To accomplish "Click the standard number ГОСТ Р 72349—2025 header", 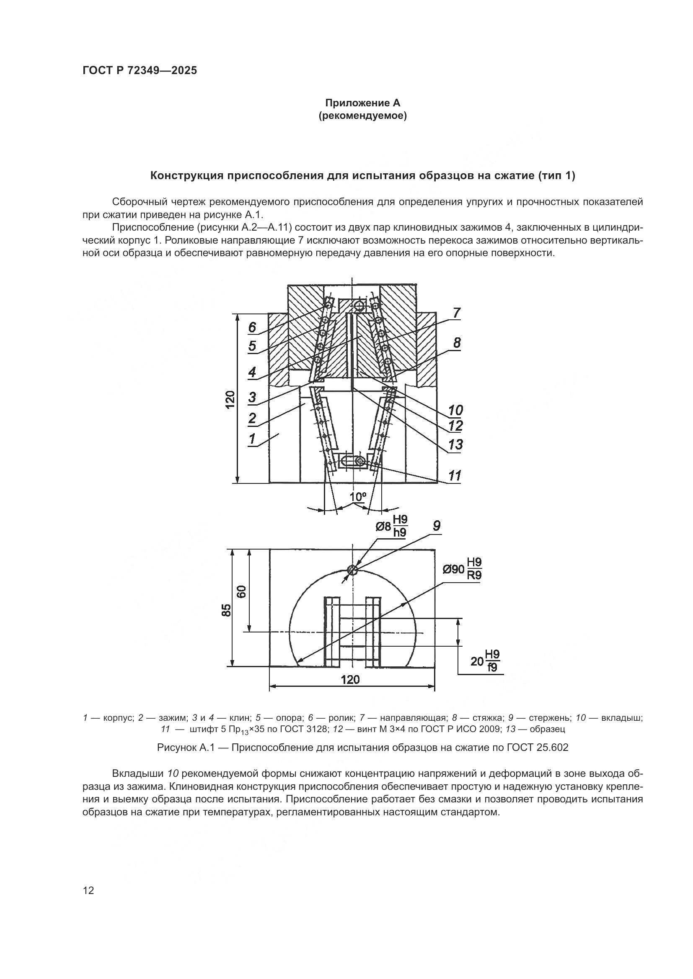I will (140, 71).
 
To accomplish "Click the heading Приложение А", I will (362, 103).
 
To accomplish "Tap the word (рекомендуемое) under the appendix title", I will (362, 116).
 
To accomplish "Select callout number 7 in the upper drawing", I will (457, 313).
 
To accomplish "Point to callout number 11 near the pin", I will (455, 475).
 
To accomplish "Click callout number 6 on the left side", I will (252, 327).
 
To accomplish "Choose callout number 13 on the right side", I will (455, 445).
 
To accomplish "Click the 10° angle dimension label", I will (358, 497).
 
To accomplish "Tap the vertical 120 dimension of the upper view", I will (230, 400).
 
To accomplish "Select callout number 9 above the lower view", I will (437, 526).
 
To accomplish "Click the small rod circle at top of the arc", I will (352, 570).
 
